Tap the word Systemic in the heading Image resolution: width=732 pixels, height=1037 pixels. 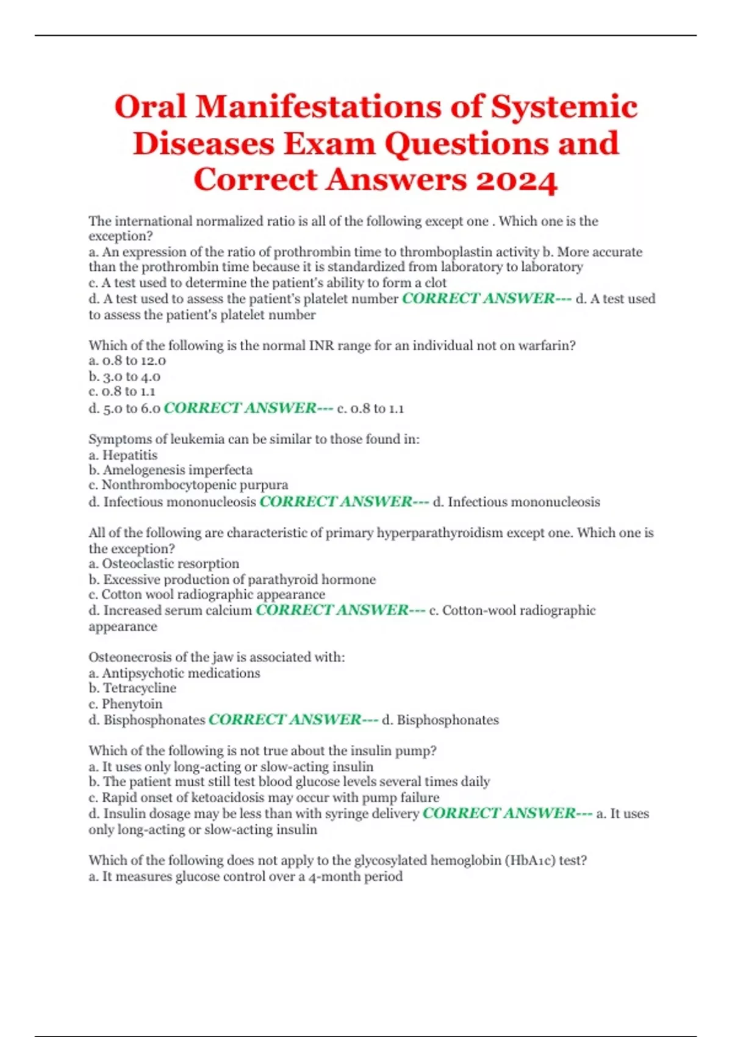pos(564,107)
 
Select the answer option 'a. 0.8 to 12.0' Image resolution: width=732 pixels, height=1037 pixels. pos(127,361)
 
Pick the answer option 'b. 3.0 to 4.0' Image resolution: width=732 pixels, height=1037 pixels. pos(124,376)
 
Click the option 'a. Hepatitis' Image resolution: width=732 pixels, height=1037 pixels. pos(123,455)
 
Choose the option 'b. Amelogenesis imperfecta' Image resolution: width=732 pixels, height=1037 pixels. pos(170,470)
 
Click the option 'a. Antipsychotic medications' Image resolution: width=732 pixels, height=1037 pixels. pos(174,673)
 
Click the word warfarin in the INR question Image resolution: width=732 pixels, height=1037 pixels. pos(547,345)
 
